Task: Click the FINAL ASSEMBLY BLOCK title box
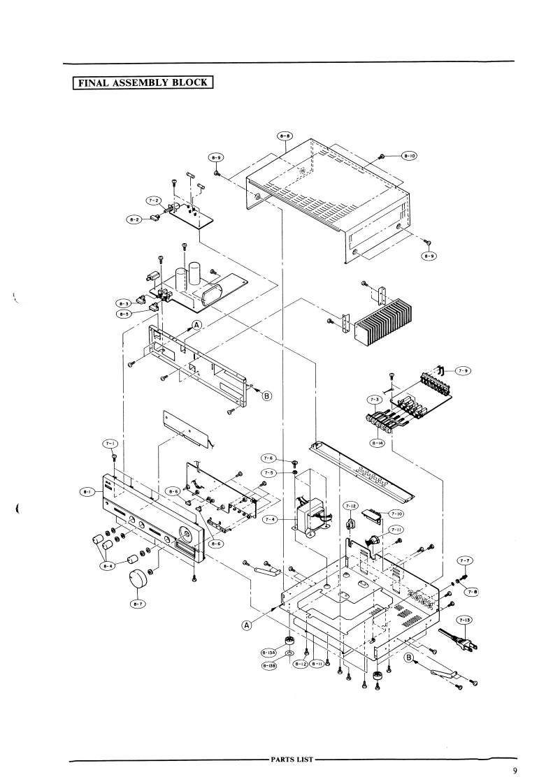point(143,82)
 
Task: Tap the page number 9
point(515,771)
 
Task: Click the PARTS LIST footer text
point(292,758)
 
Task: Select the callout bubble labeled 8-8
point(285,135)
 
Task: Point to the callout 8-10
point(408,157)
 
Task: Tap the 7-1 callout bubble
point(111,443)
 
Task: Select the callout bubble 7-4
point(271,519)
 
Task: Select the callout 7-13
point(464,620)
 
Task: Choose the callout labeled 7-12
point(351,505)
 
